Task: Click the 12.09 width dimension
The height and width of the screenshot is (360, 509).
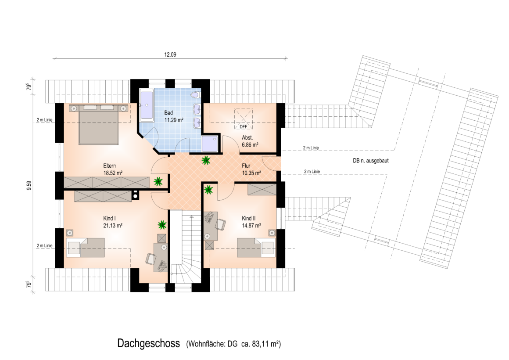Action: [x=170, y=54]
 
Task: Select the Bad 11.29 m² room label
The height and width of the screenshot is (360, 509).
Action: [x=174, y=116]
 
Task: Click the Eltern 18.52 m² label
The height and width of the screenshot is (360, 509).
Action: [x=113, y=169]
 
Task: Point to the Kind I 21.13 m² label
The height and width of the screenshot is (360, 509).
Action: [x=113, y=222]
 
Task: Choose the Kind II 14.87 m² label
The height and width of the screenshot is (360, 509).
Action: [x=251, y=222]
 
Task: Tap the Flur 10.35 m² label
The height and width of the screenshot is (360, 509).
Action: [x=251, y=169]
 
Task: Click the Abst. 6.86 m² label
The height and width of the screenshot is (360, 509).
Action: [x=250, y=141]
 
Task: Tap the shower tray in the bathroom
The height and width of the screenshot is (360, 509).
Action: [x=210, y=144]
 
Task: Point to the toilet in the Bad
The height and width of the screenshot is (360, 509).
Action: [x=195, y=95]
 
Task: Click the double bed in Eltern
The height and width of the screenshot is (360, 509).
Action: [x=98, y=124]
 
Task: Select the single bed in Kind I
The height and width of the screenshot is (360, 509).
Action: [x=86, y=248]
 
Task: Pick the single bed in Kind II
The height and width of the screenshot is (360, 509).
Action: [x=256, y=248]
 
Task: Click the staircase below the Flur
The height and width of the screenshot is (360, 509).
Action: [x=186, y=247]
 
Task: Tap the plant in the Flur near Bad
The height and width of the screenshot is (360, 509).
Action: [x=205, y=160]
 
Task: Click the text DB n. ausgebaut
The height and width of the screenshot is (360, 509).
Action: [x=371, y=161]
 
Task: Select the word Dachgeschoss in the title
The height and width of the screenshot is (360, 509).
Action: [x=149, y=343]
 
